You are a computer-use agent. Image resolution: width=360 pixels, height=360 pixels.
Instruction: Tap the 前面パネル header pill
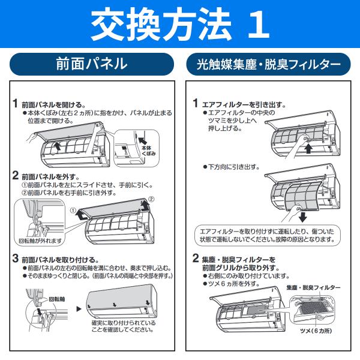(91, 64)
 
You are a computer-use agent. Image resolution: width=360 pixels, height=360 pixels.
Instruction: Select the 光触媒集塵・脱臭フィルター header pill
(268, 64)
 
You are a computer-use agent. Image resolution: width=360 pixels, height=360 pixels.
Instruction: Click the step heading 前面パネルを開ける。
(53, 104)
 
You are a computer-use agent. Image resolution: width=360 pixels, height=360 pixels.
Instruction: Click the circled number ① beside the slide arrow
(71, 211)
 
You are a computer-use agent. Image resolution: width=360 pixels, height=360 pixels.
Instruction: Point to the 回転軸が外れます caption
(40, 241)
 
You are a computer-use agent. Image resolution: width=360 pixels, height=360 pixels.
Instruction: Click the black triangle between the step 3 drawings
(79, 310)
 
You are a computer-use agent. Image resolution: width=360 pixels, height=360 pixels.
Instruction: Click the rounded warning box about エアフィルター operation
(264, 235)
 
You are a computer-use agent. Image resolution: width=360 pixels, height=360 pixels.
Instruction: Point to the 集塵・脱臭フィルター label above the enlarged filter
(313, 288)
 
